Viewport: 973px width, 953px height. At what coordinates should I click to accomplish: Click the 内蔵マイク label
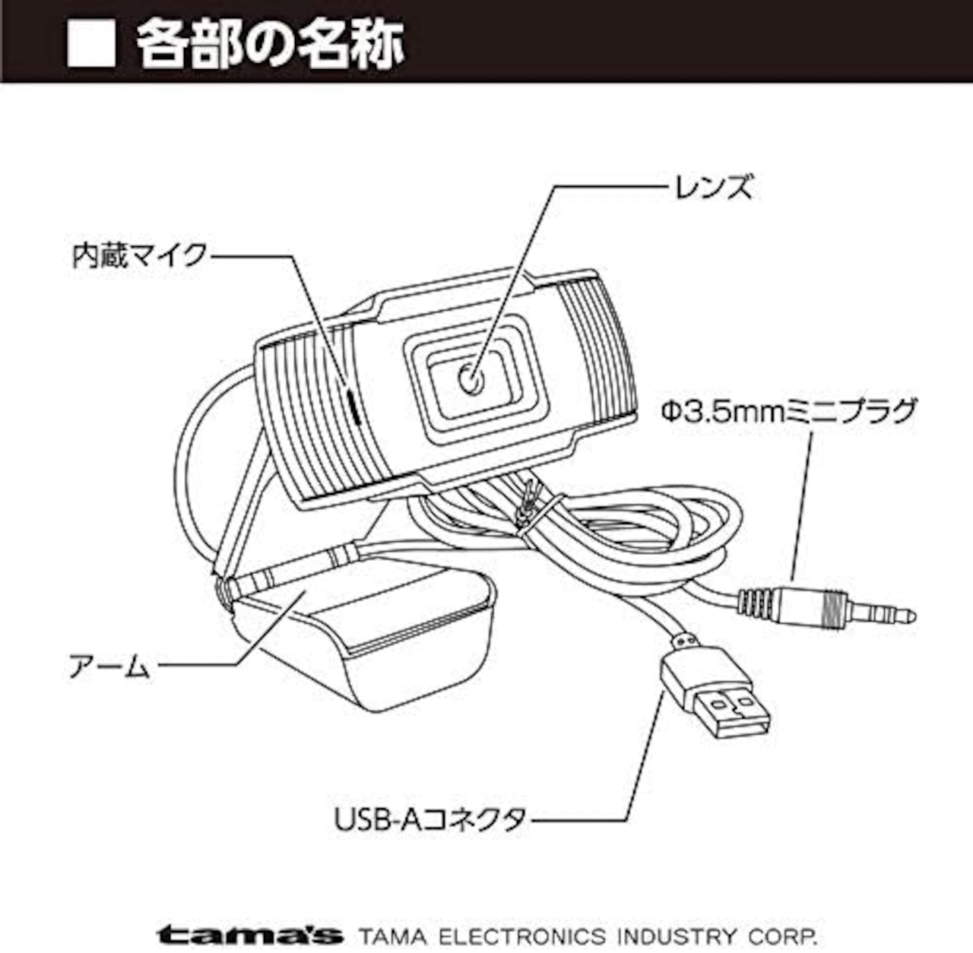point(140,256)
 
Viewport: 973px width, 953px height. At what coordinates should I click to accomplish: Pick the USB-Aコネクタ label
point(431,820)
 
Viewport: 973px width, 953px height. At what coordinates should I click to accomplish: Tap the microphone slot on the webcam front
point(353,404)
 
